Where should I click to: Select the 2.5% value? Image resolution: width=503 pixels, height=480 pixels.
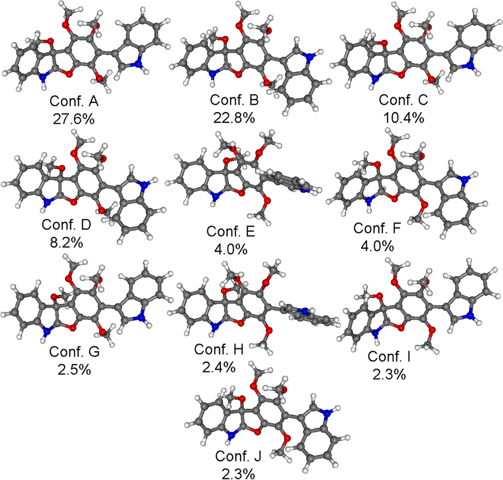click(76, 369)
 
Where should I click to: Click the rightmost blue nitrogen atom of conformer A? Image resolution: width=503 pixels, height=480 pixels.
click(139, 62)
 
